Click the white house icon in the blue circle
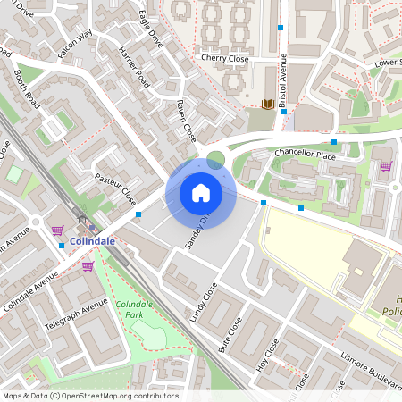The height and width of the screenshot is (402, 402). pos(201,192)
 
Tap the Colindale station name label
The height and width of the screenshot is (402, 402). pos(93,241)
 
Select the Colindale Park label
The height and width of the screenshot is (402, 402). pos(134,311)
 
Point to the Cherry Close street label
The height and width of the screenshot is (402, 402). pos(224,58)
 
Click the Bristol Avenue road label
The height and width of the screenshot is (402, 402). pos(282,81)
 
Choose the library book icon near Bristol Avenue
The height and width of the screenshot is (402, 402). pos(267,104)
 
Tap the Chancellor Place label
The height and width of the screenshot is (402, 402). pos(305,155)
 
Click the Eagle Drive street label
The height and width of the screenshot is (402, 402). pos(151,29)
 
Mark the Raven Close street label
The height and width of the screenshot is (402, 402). pos(185,120)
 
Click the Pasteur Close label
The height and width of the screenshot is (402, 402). pos(115,188)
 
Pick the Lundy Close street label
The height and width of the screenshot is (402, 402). pos(204,301)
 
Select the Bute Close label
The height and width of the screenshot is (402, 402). pos(233,335)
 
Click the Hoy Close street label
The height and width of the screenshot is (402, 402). pos(268,356)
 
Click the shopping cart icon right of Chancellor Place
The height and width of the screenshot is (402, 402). pos(386,165)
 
